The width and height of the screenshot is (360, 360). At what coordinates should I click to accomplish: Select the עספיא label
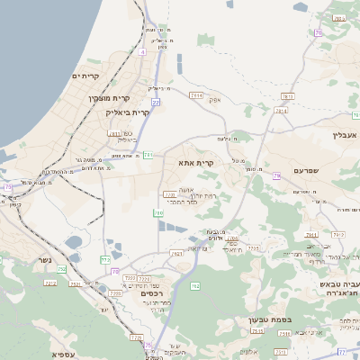[63, 354]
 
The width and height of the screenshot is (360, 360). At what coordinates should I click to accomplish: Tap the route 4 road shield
[142, 52]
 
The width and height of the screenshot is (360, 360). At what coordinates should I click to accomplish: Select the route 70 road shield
[319, 33]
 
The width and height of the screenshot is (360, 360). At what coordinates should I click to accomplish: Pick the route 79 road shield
[277, 175]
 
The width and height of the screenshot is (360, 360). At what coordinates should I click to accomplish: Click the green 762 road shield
[195, 286]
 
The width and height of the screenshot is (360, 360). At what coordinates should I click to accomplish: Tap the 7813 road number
[287, 95]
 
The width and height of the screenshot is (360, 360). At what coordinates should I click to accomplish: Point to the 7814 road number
[281, 111]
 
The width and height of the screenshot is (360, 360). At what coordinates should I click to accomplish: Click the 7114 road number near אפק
[196, 94]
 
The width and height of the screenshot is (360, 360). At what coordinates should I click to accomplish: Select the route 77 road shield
[343, 351]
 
